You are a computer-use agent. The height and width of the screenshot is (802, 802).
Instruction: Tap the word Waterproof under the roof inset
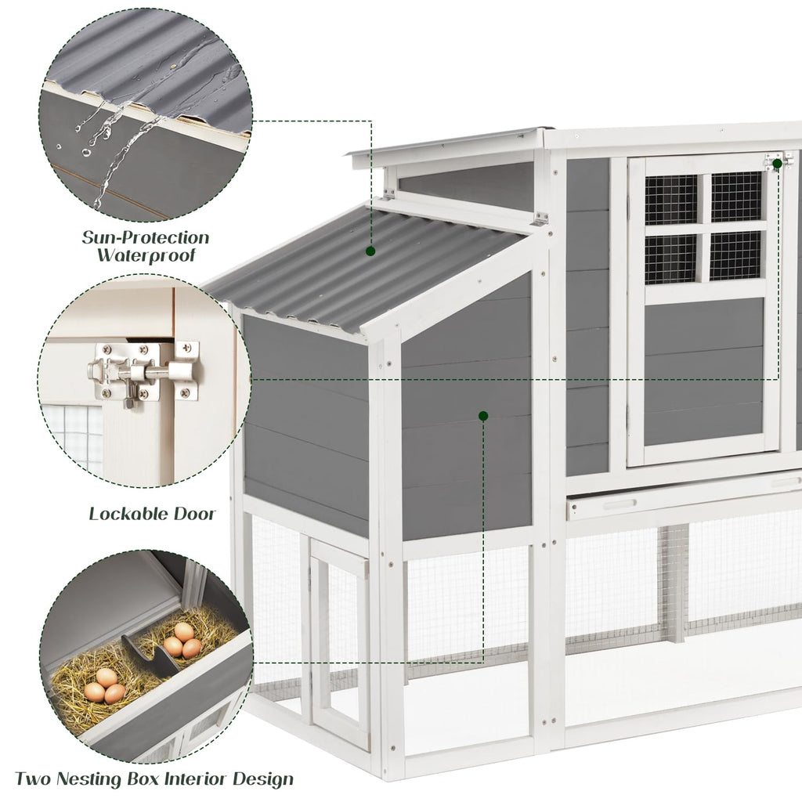point(146,255)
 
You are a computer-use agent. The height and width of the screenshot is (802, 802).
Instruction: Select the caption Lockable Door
point(151,515)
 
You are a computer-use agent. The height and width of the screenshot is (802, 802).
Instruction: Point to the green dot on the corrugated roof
point(370,251)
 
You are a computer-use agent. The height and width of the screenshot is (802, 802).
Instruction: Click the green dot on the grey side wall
point(483,415)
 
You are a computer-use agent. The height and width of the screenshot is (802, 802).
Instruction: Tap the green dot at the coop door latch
point(777,164)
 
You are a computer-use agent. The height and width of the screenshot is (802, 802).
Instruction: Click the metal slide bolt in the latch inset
point(145,371)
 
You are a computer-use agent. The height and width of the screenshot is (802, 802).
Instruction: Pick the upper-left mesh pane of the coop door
point(670,200)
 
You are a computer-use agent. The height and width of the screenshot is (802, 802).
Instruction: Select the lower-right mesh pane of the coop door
point(735,255)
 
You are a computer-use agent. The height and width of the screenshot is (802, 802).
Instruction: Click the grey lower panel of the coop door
point(703,372)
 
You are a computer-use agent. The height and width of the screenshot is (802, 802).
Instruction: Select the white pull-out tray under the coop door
point(681,502)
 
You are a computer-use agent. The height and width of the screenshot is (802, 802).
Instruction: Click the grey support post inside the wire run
point(674,583)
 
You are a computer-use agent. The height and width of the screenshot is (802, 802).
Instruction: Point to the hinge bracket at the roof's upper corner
point(540,219)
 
